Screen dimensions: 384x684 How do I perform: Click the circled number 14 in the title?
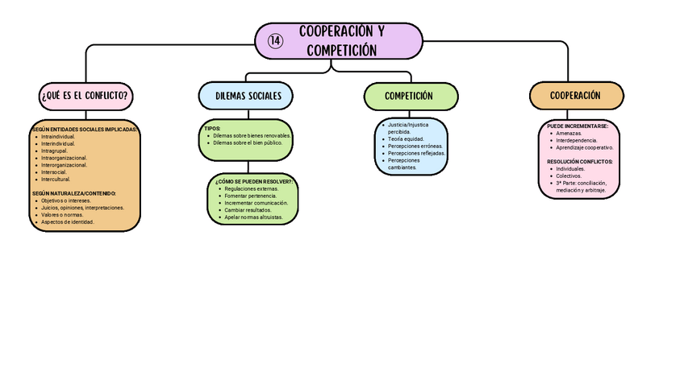click(275, 41)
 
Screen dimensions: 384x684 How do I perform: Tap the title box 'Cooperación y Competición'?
click(341, 41)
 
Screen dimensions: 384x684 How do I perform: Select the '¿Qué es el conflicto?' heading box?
click(85, 95)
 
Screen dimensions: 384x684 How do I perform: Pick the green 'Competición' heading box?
click(409, 96)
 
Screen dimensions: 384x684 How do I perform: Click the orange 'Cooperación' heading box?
click(575, 95)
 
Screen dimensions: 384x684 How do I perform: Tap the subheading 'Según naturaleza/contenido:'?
click(74, 193)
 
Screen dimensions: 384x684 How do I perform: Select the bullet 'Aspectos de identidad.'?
click(68, 221)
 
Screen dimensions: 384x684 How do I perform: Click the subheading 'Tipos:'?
click(212, 129)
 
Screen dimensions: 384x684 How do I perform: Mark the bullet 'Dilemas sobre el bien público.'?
click(248, 142)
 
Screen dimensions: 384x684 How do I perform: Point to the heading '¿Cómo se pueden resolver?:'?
click(253, 182)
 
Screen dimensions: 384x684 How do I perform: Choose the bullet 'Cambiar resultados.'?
click(248, 210)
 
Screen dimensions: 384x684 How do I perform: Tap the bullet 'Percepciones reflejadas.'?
click(416, 153)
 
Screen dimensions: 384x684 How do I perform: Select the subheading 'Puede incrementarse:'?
click(577, 126)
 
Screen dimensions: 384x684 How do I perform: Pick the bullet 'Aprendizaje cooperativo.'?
click(584, 147)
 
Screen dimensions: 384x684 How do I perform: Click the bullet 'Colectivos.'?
click(569, 175)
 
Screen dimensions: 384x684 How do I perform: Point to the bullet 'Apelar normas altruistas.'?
click(253, 217)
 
